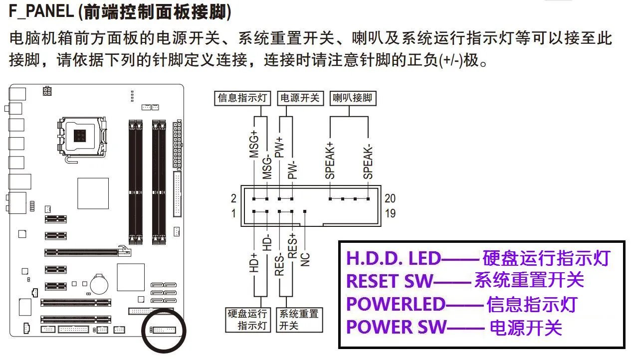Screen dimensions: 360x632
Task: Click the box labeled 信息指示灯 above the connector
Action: (243, 98)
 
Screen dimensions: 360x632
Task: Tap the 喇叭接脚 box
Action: (352, 98)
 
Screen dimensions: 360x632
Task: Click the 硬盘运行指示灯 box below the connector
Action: (248, 320)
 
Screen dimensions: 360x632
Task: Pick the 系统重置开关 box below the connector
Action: (298, 320)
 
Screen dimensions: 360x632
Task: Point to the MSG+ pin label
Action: (254, 145)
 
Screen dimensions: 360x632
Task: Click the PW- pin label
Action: (293, 170)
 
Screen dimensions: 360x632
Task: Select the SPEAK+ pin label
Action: (330, 160)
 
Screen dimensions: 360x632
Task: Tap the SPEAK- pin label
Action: (368, 160)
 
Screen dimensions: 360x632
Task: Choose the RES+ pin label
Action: (293, 246)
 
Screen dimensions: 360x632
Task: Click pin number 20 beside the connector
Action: (390, 199)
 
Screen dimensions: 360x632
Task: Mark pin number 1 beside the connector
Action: (233, 213)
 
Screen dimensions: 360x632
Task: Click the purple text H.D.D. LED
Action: (394, 258)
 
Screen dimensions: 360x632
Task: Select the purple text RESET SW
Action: (390, 281)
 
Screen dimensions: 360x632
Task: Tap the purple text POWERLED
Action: (395, 304)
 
